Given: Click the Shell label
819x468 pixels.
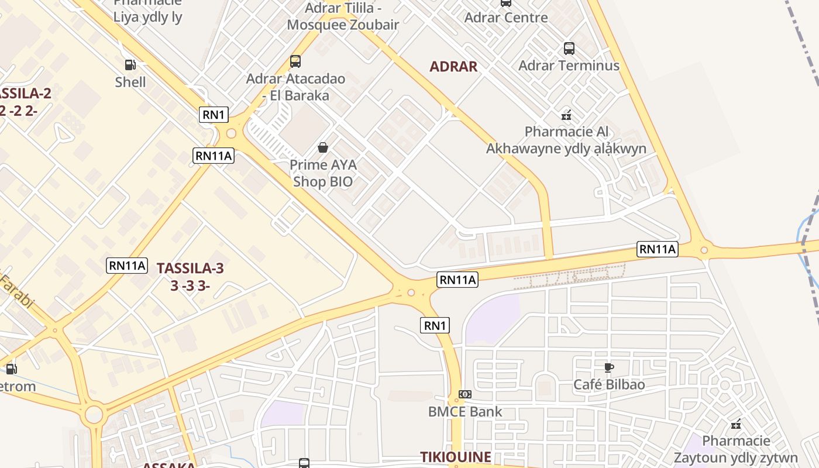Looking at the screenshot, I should click(x=130, y=82).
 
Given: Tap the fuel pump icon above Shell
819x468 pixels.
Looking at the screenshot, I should click(x=130, y=65).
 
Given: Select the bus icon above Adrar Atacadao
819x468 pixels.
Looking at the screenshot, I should click(x=295, y=61).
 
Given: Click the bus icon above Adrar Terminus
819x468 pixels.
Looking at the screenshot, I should click(x=569, y=49).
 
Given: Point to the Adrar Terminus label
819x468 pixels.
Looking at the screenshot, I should click(x=569, y=65).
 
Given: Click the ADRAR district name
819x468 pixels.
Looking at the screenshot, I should click(x=453, y=67).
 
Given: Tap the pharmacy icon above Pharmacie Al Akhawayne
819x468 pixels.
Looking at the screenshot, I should click(x=566, y=115).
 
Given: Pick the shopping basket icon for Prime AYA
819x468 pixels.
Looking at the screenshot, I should click(x=323, y=148).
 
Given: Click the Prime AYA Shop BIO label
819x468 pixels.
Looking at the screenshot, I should click(x=323, y=173).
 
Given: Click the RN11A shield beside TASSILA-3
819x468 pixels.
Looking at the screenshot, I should click(x=127, y=265).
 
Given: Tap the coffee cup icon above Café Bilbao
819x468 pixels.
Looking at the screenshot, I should click(x=609, y=367).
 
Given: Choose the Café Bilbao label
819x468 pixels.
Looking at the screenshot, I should click(x=609, y=384).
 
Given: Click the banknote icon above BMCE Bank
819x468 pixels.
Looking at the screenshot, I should click(x=465, y=394).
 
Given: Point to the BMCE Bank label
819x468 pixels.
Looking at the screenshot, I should click(x=465, y=411).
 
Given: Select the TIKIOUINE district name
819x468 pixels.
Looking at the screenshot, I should click(x=456, y=457).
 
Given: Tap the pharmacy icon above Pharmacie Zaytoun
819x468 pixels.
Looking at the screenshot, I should click(x=736, y=424).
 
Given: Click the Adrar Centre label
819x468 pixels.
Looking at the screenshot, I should click(x=506, y=17).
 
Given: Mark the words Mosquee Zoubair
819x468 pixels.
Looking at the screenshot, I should click(x=343, y=25).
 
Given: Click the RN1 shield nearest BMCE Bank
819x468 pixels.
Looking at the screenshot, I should click(x=435, y=325).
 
